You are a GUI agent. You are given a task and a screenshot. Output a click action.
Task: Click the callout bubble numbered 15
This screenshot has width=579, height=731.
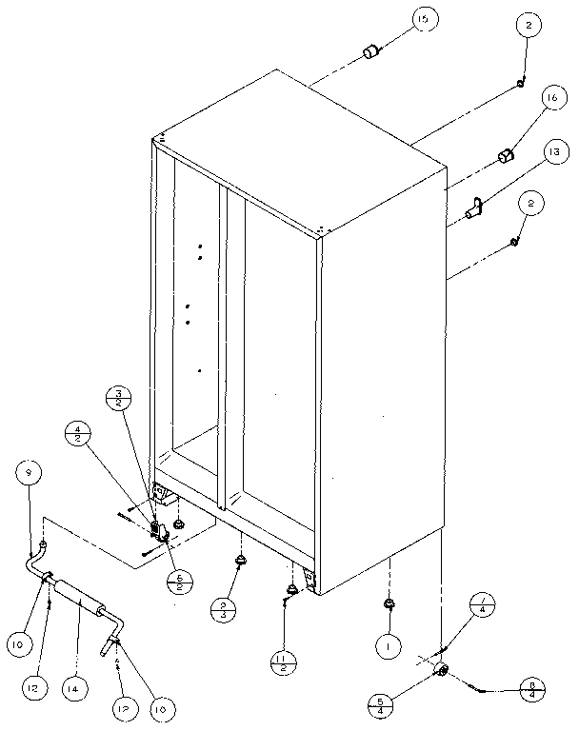click(x=420, y=20)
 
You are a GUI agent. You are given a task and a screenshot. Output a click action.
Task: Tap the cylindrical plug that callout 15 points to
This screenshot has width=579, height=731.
click(x=369, y=50)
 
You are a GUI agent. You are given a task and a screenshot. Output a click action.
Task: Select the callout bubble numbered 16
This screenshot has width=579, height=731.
click(x=550, y=98)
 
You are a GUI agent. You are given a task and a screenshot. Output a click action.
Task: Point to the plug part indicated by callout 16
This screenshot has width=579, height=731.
click(x=507, y=154)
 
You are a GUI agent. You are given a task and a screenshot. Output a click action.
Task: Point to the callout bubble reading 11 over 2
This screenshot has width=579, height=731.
click(x=284, y=661)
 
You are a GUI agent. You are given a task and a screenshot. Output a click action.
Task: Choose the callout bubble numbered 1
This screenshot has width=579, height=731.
click(x=388, y=647)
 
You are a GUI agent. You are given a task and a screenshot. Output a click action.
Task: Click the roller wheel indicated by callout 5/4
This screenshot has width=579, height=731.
click(x=442, y=672)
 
